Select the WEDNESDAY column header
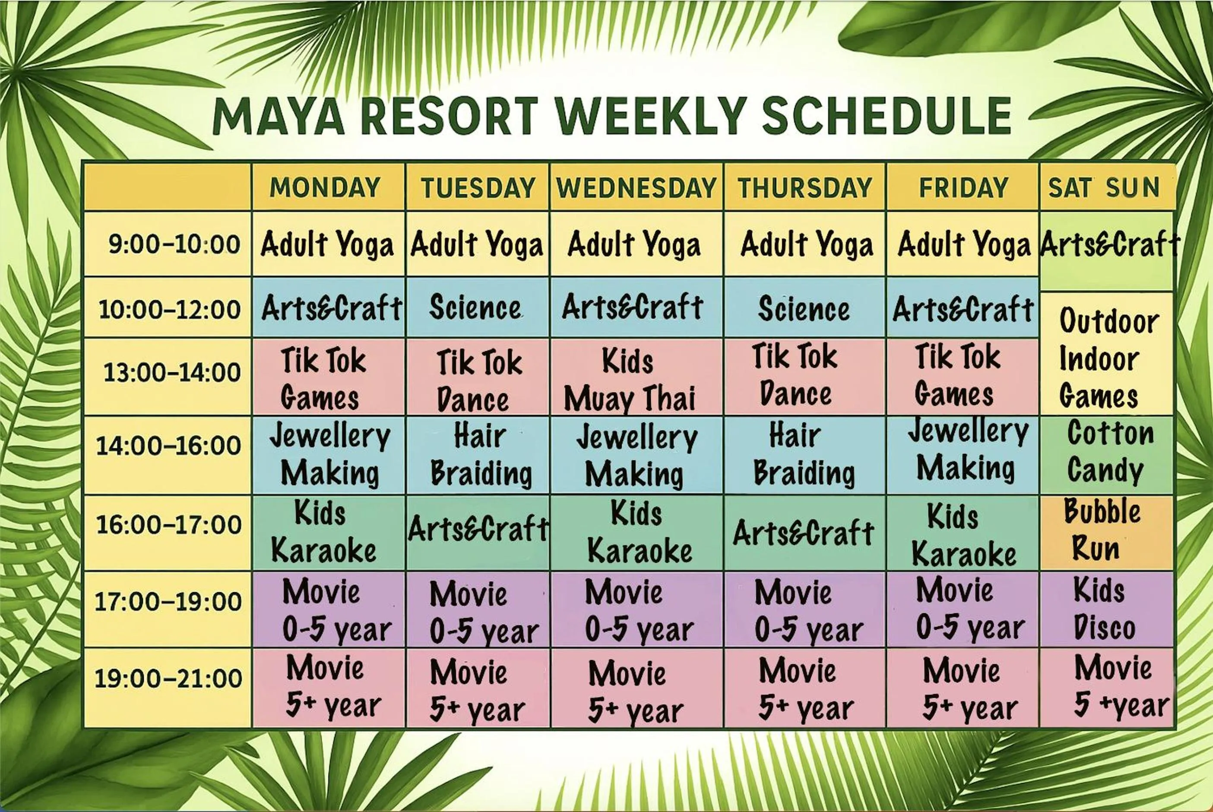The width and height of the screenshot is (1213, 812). pos(636,187)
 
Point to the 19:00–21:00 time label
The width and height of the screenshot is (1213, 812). pos(168,679)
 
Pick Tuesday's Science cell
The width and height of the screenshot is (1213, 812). pos(475,308)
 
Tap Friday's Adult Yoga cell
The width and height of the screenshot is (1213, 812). pos(963,244)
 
